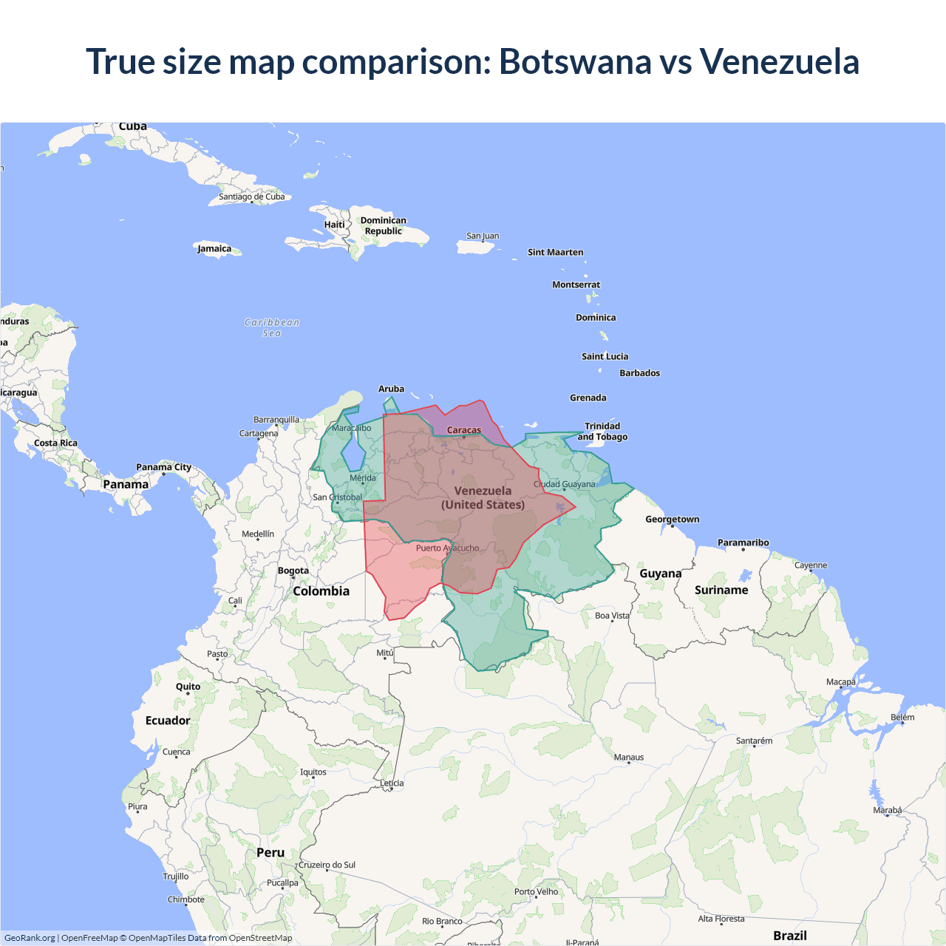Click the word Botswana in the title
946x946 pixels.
(x=575, y=61)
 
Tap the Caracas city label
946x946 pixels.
(x=464, y=430)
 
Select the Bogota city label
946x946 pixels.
(x=293, y=571)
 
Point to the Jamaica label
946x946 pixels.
(x=214, y=249)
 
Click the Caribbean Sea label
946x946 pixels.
(x=272, y=327)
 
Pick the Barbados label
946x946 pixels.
(x=639, y=373)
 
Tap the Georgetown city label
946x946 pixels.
(x=672, y=520)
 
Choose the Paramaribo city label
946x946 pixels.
(x=743, y=542)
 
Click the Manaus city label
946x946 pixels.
(x=629, y=758)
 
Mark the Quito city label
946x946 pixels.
(x=188, y=687)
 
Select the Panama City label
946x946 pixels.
(x=163, y=467)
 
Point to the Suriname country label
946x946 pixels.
(x=721, y=590)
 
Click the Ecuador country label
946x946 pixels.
(x=168, y=721)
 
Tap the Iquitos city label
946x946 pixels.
(x=313, y=772)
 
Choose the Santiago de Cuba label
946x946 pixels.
(x=251, y=197)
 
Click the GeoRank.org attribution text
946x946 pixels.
(x=30, y=938)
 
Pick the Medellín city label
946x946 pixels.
(x=258, y=534)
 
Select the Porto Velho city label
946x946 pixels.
(x=537, y=892)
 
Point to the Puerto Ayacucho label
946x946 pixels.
(x=447, y=548)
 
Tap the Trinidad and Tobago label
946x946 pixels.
(x=602, y=432)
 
